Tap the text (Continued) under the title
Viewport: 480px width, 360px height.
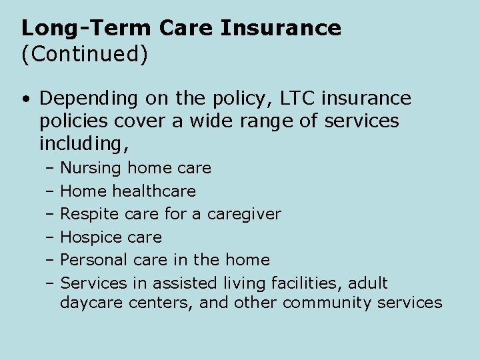click(x=84, y=54)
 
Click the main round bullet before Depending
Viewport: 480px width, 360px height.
click(x=25, y=99)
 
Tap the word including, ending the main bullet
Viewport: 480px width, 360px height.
click(x=84, y=143)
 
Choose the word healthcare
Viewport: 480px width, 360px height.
click(x=154, y=191)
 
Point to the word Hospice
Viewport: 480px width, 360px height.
click(x=87, y=237)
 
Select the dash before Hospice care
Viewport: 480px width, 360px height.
click(x=50, y=237)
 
